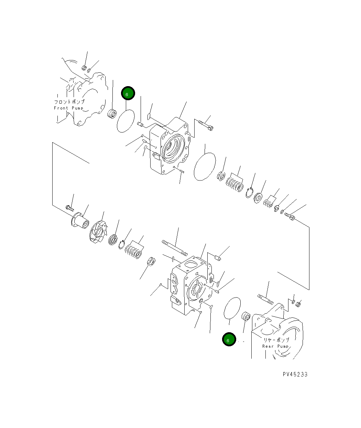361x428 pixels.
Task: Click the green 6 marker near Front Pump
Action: pyautogui.click(x=128, y=93)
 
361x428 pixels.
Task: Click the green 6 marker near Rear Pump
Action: pyautogui.click(x=229, y=339)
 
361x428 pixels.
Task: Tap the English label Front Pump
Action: pyautogui.click(x=69, y=108)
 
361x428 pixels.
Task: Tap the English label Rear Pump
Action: pyautogui.click(x=275, y=346)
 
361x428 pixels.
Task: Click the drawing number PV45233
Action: pyautogui.click(x=295, y=374)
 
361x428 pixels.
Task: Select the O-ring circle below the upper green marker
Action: pyautogui.click(x=125, y=120)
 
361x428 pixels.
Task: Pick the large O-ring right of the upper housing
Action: pyautogui.click(x=205, y=166)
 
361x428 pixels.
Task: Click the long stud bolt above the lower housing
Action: pyautogui.click(x=175, y=248)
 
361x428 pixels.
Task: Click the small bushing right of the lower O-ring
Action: pyautogui.click(x=246, y=316)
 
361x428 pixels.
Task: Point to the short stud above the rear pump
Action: pyautogui.click(x=265, y=299)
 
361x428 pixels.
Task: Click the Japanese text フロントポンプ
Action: pyautogui.click(x=69, y=102)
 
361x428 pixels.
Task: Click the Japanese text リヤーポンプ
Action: pyautogui.click(x=276, y=340)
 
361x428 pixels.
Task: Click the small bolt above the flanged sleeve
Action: pyautogui.click(x=69, y=207)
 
